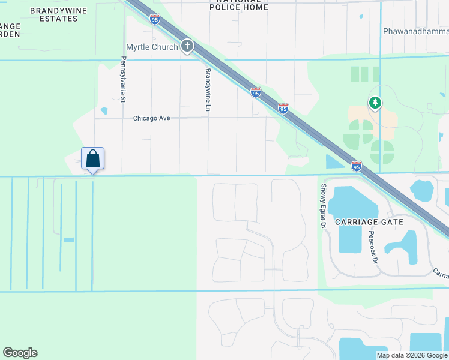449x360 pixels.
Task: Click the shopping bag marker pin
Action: point(92,160)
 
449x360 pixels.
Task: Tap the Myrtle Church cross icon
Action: point(187,46)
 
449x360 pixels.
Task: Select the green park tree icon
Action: point(375,103)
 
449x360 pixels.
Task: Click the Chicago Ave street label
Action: point(152,118)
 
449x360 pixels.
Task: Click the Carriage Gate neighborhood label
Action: point(369,221)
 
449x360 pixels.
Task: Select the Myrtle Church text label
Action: point(152,47)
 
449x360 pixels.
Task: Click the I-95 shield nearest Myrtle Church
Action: point(256,92)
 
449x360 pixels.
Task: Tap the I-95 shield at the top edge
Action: point(155,19)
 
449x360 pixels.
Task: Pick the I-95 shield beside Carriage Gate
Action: point(357,166)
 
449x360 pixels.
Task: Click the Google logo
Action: point(20,353)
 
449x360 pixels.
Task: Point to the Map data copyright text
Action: point(411,355)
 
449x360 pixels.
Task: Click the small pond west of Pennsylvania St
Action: point(104,111)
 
